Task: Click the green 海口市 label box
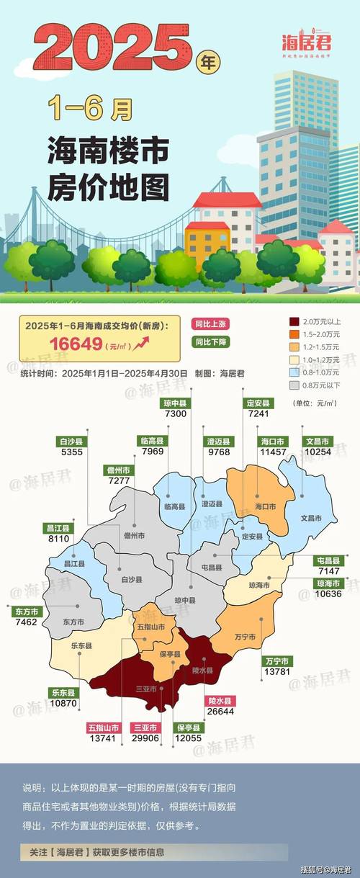272,441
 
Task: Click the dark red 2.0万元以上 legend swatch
294,321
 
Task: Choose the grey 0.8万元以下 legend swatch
294,385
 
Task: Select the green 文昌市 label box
315,441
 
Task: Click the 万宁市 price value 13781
275,671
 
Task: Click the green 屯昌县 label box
332,559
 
